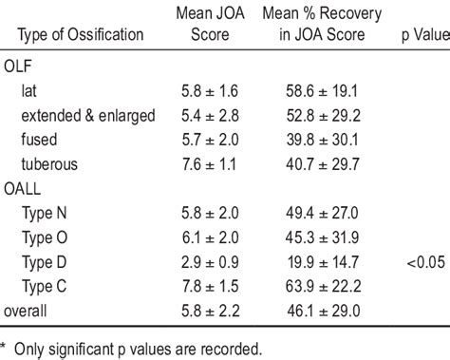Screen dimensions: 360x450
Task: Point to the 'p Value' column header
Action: (x=422, y=35)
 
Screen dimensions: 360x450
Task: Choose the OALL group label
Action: (x=31, y=188)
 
